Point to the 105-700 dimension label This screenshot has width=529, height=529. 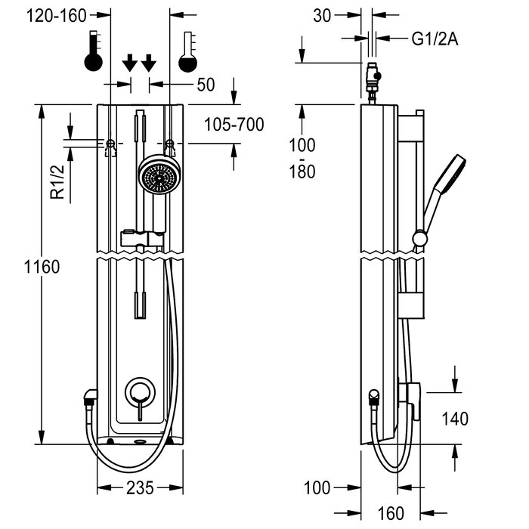(234, 125)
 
